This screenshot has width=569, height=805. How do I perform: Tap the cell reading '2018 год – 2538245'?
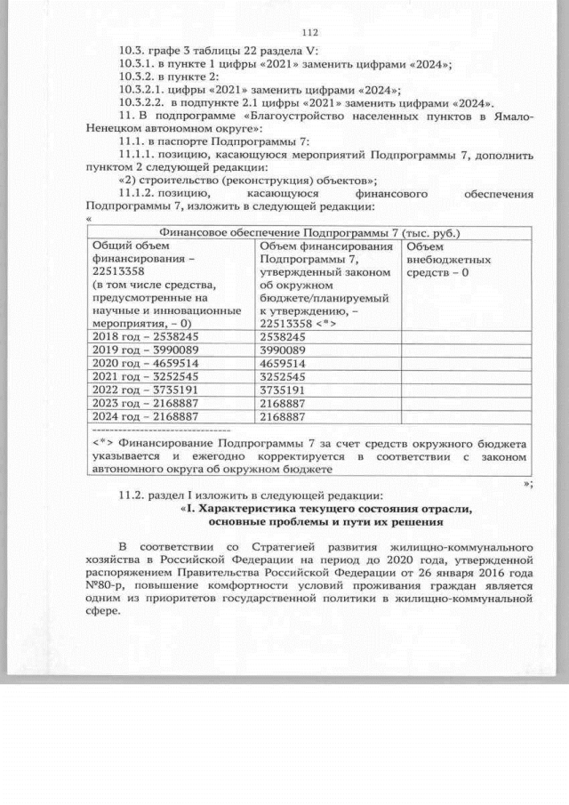146,338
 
